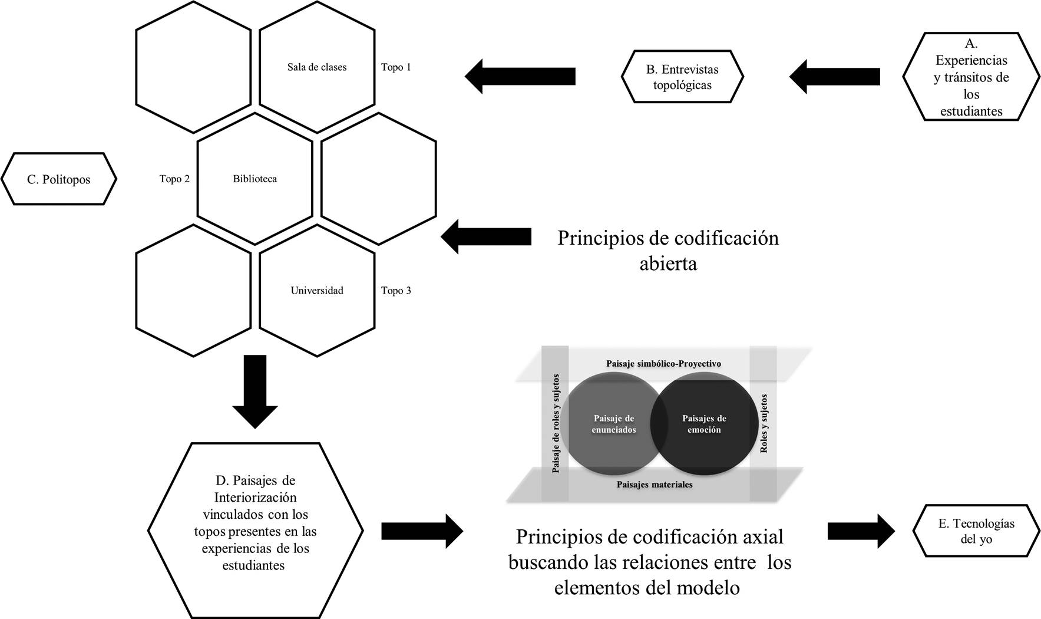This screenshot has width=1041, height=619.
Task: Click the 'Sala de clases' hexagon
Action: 317,67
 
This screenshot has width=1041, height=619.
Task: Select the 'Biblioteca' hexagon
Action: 255,179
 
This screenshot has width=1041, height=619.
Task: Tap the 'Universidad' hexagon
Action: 317,291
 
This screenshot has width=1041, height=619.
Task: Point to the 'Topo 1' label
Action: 396,67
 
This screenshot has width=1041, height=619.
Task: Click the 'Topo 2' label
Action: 174,179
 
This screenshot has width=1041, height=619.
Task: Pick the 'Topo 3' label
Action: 396,291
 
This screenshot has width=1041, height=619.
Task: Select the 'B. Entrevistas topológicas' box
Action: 682,77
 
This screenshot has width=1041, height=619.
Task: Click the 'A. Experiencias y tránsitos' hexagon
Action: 971,77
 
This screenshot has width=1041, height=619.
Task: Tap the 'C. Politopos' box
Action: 59,179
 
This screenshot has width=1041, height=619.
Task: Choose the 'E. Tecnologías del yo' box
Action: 976,531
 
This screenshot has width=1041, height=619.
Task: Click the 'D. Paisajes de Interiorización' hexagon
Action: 255,531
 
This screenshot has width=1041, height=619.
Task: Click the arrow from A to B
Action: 835,76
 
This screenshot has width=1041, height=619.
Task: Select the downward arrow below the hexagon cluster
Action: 255,391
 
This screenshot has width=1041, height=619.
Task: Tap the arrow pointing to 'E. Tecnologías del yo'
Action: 861,531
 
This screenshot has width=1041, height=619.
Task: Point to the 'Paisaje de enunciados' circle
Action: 614,423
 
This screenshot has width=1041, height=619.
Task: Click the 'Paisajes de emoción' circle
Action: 704,423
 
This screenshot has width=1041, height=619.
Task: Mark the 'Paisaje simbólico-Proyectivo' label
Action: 663,364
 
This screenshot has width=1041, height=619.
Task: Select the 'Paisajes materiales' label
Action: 655,485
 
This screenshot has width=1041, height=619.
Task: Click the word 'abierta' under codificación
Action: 668,264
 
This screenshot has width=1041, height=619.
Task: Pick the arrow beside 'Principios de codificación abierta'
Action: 486,236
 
